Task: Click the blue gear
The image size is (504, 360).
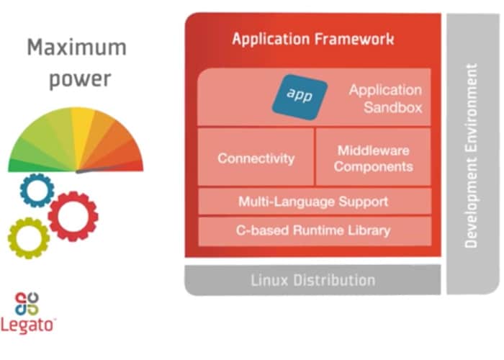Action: (37, 190)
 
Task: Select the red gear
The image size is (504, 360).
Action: (73, 215)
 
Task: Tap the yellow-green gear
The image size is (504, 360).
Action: (28, 238)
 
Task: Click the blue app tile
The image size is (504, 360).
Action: (300, 96)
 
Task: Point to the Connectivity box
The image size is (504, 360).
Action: (256, 157)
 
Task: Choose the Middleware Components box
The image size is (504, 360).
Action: (373, 158)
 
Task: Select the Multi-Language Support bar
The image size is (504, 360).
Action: (313, 202)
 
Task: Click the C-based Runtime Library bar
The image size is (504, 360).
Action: (313, 231)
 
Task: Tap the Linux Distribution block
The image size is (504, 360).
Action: (312, 280)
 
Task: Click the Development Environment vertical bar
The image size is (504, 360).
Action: (472, 155)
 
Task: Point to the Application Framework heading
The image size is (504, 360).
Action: (312, 39)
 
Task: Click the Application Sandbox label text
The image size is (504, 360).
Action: (385, 99)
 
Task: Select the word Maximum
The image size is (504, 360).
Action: (76, 48)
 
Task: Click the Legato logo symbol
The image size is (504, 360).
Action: (27, 303)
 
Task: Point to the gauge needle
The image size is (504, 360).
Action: (101, 170)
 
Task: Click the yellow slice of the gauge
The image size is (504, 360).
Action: (81, 126)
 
